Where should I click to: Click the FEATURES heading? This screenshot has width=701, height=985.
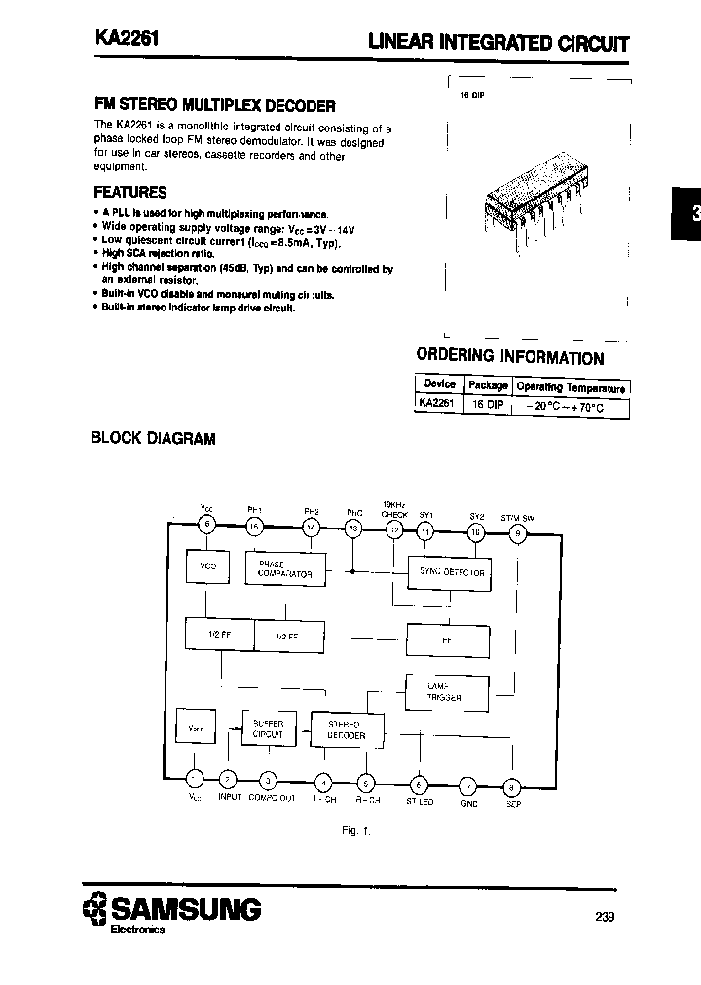coord(129,192)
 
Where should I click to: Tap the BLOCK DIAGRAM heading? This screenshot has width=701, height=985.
coord(152,438)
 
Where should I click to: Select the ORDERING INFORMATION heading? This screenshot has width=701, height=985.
coord(509,357)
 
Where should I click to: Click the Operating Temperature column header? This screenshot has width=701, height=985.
coord(572,385)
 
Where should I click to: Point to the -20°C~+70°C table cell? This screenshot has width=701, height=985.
coord(571,408)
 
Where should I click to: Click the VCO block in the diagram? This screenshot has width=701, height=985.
coord(207,565)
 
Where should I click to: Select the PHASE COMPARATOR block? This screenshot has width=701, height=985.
coord(285,568)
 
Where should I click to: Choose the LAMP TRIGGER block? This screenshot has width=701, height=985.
coord(444,691)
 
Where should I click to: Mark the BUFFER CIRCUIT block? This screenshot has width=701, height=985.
coord(268,730)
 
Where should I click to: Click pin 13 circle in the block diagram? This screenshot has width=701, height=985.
coord(353,528)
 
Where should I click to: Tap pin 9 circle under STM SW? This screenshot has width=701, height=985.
coord(518,531)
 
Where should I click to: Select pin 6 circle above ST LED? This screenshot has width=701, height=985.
coord(419,784)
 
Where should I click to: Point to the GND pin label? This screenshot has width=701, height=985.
coord(468,805)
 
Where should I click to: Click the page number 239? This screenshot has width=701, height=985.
coord(603,916)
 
